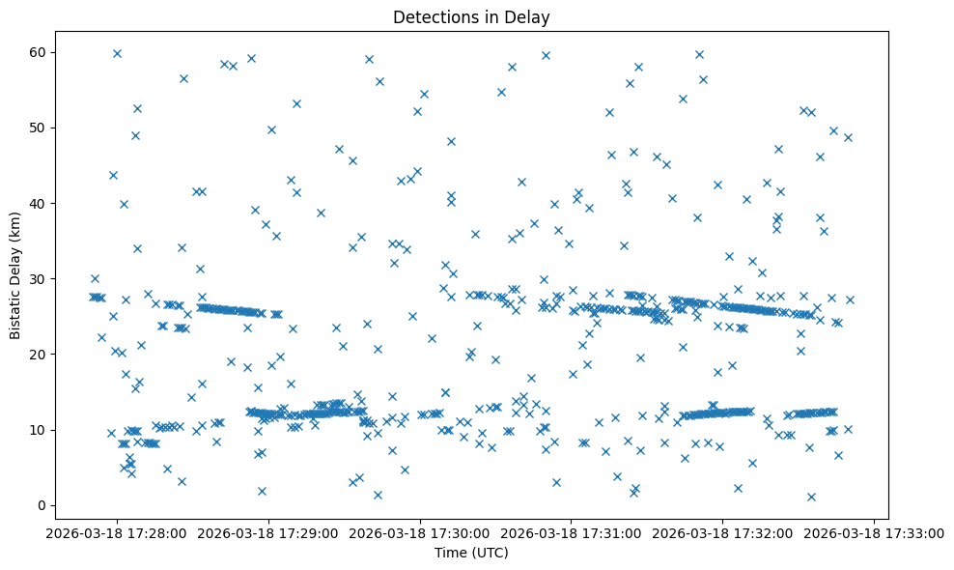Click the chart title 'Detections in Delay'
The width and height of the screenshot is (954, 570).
[471, 16]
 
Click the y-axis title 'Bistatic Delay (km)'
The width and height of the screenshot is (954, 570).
[16, 275]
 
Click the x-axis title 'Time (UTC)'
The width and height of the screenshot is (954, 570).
[471, 554]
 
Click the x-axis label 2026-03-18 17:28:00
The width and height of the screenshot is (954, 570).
[117, 532]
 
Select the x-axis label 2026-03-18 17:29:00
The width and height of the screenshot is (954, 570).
[268, 532]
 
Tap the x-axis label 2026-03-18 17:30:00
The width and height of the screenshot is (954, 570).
[420, 532]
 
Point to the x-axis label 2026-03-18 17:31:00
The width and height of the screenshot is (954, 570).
[572, 532]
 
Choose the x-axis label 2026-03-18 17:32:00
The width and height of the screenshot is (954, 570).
[723, 532]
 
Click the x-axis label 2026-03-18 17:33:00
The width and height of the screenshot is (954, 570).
[875, 532]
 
